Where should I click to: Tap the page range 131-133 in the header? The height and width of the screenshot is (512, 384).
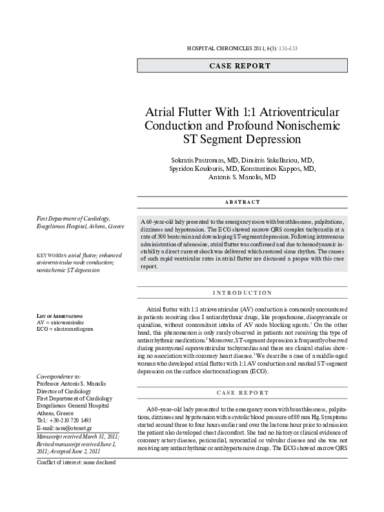(287, 48)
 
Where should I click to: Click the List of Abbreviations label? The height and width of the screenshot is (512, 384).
(59, 315)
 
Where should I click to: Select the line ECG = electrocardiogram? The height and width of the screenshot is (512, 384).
(65, 329)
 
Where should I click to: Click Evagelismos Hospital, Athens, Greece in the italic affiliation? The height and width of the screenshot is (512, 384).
(81, 227)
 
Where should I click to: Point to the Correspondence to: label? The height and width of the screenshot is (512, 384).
(59, 375)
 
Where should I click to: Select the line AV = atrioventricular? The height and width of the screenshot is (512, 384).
(61, 322)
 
